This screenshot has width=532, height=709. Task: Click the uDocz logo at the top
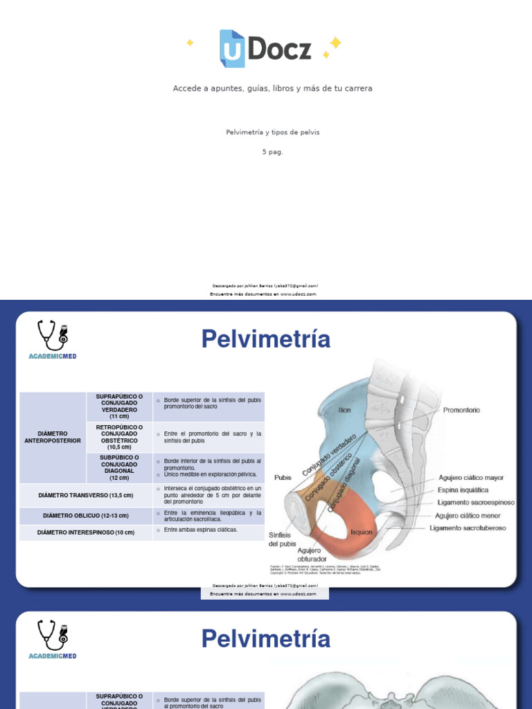coord(265,48)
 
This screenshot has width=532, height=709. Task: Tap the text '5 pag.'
coord(272,152)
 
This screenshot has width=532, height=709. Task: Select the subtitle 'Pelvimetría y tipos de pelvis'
coord(272,132)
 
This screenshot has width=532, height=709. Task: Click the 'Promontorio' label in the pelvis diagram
coord(461,410)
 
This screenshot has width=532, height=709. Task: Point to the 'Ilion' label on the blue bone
coord(344,410)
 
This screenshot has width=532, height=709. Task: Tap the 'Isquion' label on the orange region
coord(362,532)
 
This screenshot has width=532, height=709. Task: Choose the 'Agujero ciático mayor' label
coord(471,478)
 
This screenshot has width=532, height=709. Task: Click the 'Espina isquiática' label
coord(463,490)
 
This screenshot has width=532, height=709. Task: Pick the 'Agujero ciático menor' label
coord(468,516)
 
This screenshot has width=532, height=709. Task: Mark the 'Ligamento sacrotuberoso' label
coord(468,528)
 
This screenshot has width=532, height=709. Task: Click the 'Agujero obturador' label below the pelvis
coord(311,555)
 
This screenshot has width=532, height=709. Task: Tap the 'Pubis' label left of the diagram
coord(283,477)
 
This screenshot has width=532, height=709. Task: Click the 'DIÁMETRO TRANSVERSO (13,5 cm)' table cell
coord(86,495)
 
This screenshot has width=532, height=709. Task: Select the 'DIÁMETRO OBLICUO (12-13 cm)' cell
coord(86,516)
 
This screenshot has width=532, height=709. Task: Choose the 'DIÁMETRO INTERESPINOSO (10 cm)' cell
coord(86,532)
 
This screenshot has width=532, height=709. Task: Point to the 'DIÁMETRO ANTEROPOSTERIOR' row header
coord(53,437)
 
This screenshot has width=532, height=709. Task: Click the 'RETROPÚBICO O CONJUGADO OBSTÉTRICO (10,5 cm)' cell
coord(119,437)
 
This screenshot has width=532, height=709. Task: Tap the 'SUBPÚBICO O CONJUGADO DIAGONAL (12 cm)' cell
coord(119,467)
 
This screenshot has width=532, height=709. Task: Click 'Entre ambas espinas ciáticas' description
coord(201,530)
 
